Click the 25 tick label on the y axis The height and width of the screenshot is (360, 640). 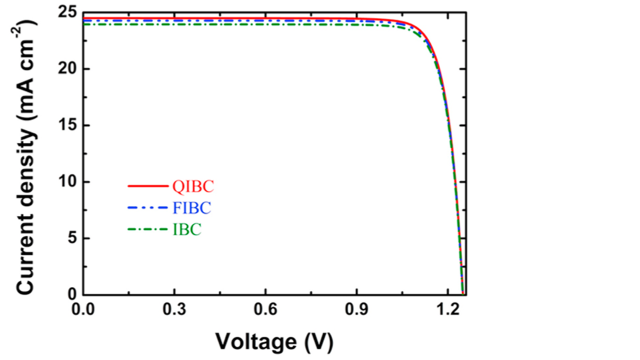(x=65, y=13)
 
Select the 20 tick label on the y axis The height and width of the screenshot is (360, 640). (x=65, y=70)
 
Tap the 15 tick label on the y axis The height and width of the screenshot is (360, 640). (x=65, y=126)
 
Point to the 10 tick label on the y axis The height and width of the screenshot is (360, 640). (x=65, y=182)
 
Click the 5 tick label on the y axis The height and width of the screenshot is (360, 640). (x=70, y=239)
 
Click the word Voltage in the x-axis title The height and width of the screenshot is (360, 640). (x=254, y=342)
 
